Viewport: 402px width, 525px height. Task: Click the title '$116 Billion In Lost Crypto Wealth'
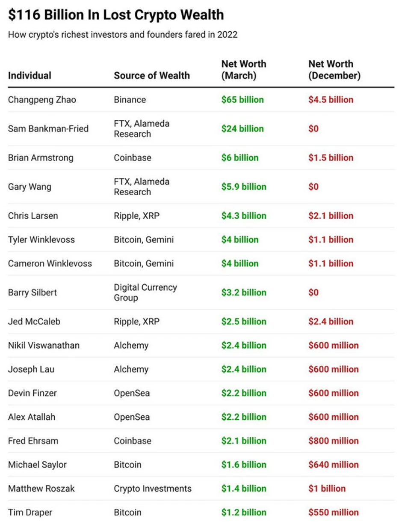[115, 15]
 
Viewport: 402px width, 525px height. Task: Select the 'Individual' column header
[30, 76]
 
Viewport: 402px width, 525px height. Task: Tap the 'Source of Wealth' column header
[151, 76]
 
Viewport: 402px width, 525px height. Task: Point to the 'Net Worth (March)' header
[243, 70]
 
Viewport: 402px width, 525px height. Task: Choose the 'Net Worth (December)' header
[334, 70]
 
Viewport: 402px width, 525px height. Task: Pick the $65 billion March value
[242, 100]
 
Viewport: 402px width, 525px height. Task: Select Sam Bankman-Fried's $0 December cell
[313, 129]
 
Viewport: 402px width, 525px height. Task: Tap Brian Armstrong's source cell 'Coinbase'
[133, 158]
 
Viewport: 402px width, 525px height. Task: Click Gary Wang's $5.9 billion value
[244, 187]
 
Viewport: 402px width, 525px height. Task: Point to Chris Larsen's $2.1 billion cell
[331, 216]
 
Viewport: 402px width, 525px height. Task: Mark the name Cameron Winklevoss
[50, 263]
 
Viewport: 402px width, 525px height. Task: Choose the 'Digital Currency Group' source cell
[145, 292]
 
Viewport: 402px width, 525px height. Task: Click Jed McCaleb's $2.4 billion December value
[331, 322]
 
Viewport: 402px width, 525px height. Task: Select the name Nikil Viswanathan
[44, 345]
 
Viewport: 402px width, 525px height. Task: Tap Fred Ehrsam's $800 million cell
[334, 441]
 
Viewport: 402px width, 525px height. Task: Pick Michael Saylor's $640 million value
[334, 465]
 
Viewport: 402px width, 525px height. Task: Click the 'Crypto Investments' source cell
[153, 489]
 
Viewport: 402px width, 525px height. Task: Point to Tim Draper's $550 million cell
[334, 513]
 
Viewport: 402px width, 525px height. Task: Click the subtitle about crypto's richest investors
[122, 35]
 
